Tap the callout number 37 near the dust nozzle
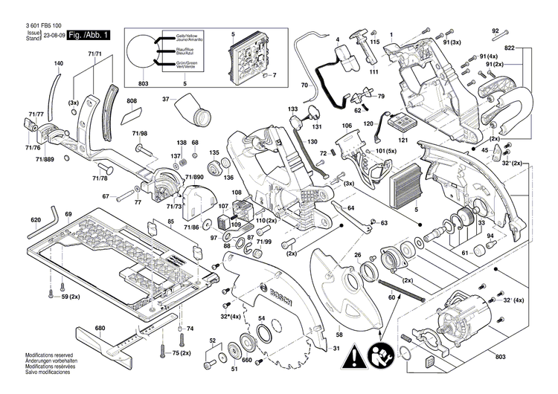pyautogui.click(x=167, y=99)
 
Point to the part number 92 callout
pyautogui.click(x=495, y=30)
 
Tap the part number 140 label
pyautogui.click(x=58, y=64)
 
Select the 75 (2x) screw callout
pyautogui.click(x=179, y=352)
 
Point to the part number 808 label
pyautogui.click(x=132, y=101)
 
